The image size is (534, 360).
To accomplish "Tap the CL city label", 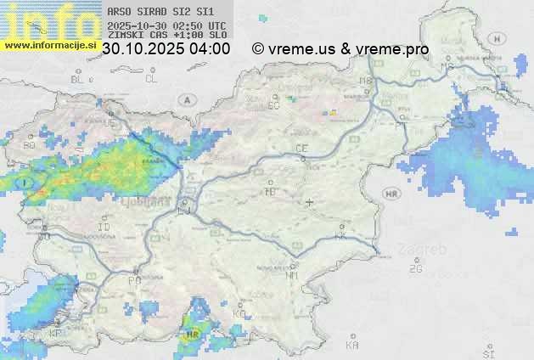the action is (x=151, y=79).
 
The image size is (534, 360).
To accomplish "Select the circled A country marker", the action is (x=186, y=100).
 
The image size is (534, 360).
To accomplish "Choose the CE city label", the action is (x=301, y=149).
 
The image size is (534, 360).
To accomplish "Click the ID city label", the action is (x=104, y=228).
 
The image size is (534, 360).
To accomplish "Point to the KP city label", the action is (x=56, y=333).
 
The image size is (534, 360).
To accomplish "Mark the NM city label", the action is (x=292, y=275).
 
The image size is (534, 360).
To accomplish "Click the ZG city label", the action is (x=415, y=269).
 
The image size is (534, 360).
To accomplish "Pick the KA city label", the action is (x=352, y=345).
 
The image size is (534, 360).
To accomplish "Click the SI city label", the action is (x=488, y=352).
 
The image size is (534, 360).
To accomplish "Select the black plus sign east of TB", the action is (x=310, y=202).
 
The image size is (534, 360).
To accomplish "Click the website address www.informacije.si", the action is (x=49, y=45).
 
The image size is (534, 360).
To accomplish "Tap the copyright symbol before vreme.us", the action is (x=257, y=49).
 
